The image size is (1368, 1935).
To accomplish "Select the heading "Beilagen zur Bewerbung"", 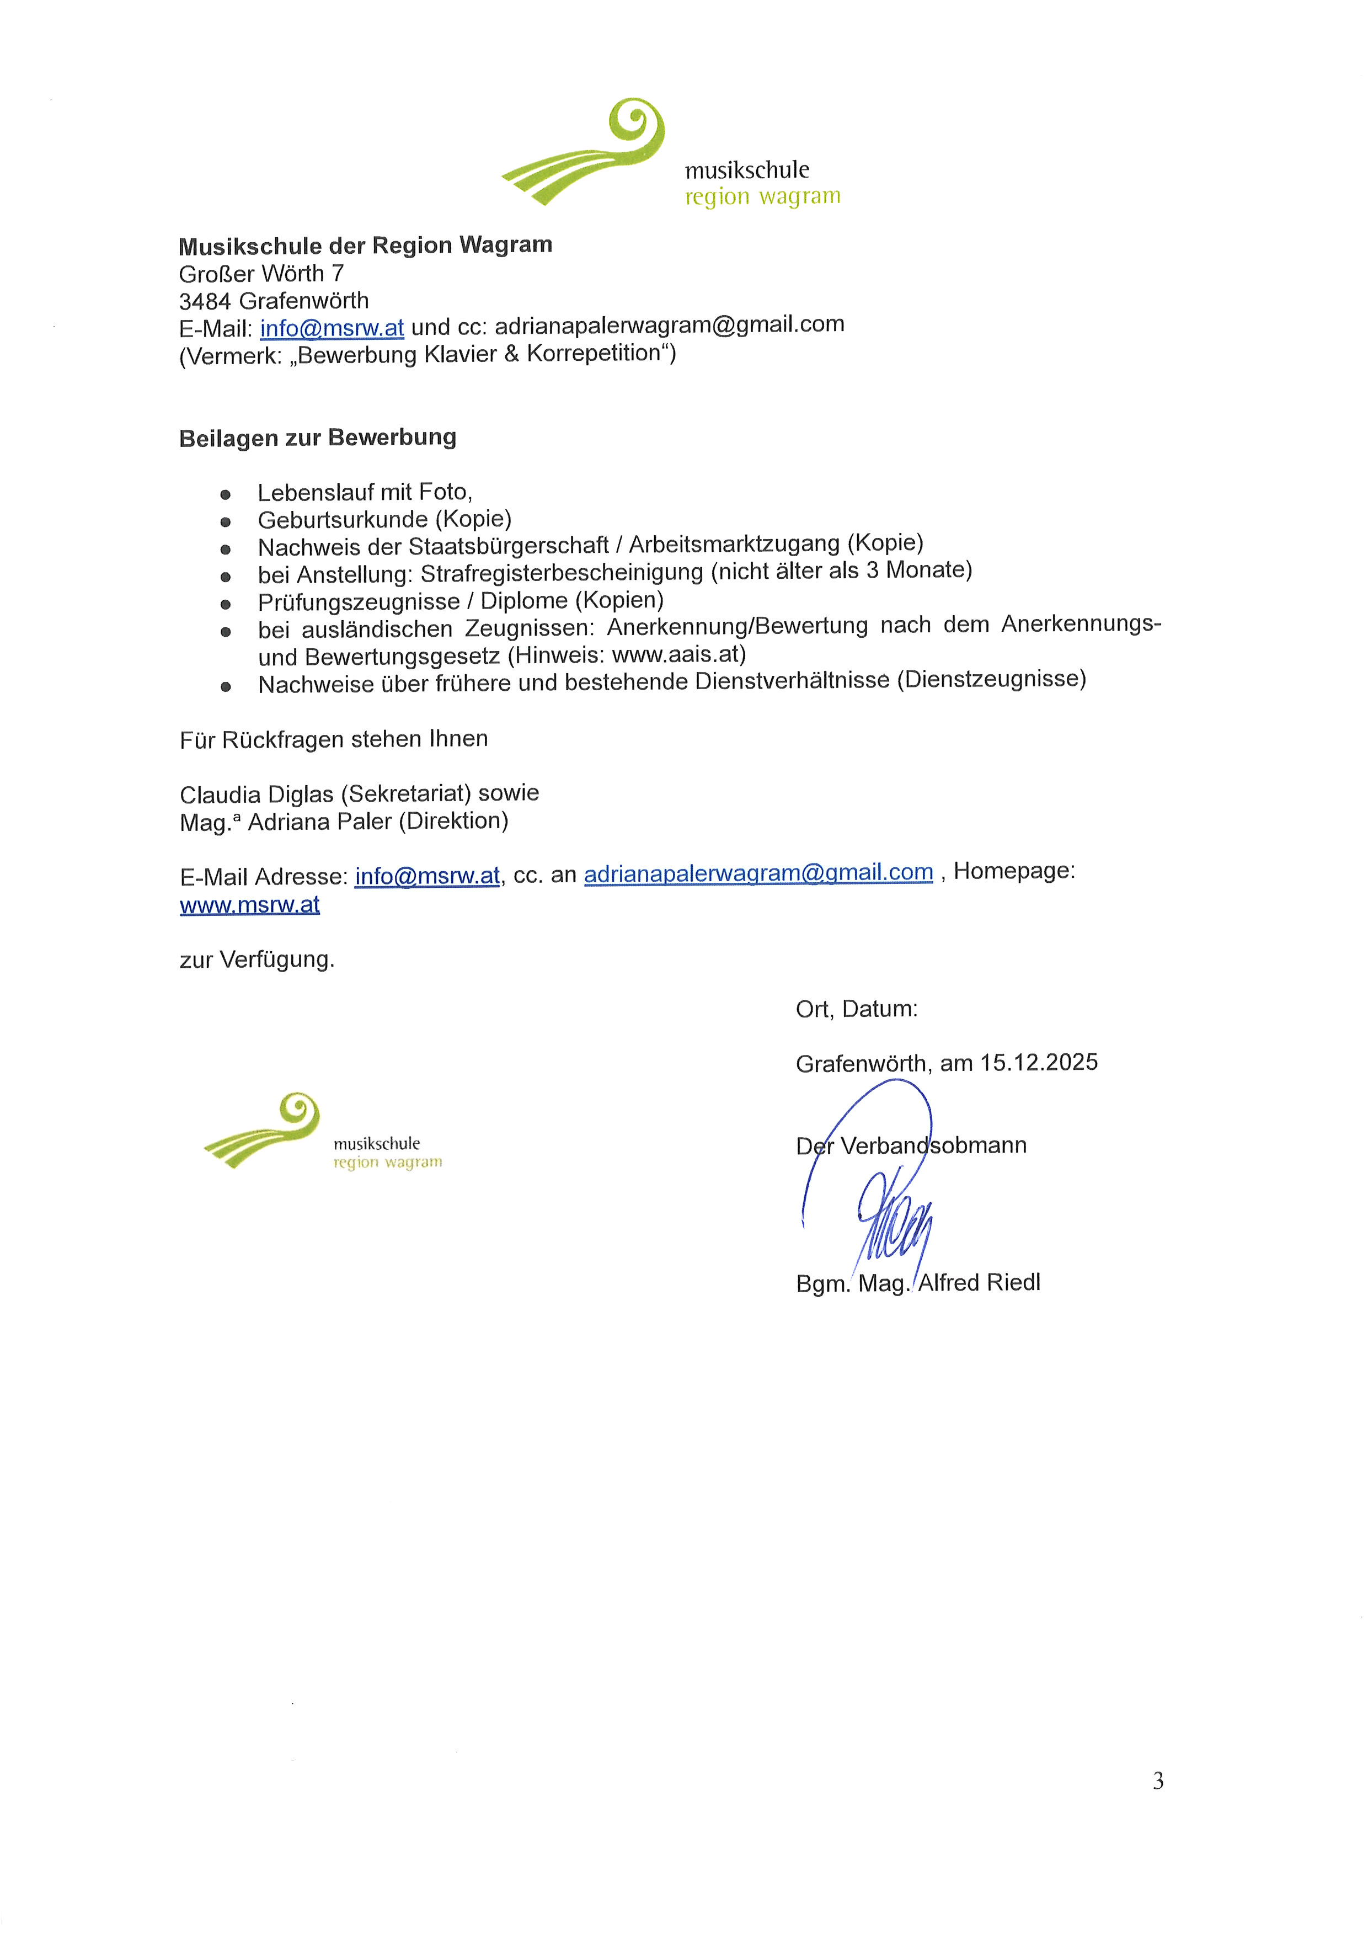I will (318, 438).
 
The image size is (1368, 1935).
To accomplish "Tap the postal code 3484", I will (205, 301).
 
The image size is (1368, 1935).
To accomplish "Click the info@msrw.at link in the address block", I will (332, 327).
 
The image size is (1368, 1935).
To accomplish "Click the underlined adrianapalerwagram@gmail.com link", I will (758, 873).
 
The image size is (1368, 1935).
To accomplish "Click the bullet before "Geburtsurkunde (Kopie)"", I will (225, 521).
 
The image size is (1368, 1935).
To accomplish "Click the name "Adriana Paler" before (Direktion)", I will (319, 822).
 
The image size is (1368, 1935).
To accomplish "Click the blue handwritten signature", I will (893, 1214).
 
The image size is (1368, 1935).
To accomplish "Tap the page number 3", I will (1158, 1781).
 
